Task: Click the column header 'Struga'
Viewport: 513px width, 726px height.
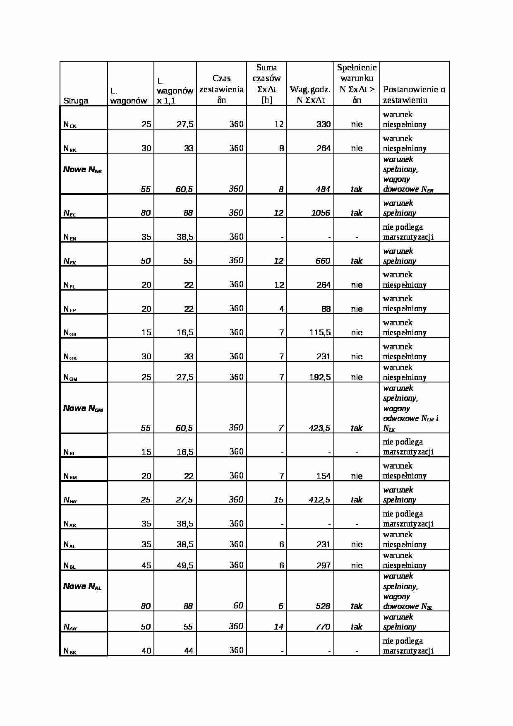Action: point(76,101)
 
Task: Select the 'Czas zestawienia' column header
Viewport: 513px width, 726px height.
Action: point(221,89)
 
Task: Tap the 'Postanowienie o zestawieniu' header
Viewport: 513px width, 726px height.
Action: point(414,94)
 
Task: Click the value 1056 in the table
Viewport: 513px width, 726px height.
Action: point(321,213)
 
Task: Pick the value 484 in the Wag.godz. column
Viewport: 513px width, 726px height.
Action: point(323,189)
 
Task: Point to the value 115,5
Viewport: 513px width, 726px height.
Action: point(320,332)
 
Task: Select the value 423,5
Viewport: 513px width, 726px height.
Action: point(319,428)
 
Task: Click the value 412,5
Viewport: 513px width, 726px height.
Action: point(319,500)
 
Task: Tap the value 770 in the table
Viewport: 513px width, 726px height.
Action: point(323,627)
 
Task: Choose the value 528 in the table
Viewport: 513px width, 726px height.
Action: point(323,606)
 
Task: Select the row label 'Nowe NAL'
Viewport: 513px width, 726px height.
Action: point(82,587)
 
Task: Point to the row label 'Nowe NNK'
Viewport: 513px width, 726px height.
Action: point(83,170)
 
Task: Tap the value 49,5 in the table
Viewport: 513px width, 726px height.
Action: point(185,565)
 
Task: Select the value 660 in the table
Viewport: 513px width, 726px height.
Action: point(323,261)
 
